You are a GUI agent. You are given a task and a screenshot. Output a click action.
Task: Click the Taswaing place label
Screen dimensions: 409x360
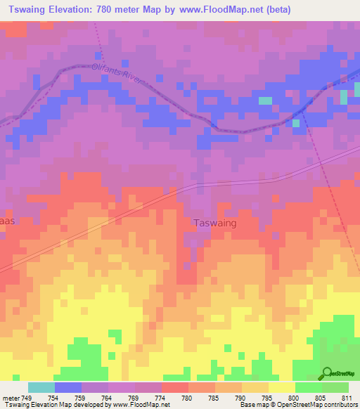click(x=214, y=222)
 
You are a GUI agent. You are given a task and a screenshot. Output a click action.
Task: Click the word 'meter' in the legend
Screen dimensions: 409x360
click(x=11, y=398)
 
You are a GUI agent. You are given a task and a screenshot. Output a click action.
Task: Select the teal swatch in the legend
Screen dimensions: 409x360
click(x=41, y=387)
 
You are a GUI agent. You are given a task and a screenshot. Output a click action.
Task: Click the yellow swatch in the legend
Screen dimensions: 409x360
click(x=281, y=387)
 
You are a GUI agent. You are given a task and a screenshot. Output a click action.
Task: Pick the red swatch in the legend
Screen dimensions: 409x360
click(x=174, y=387)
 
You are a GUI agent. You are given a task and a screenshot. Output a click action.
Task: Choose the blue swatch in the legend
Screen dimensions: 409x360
click(x=68, y=387)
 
